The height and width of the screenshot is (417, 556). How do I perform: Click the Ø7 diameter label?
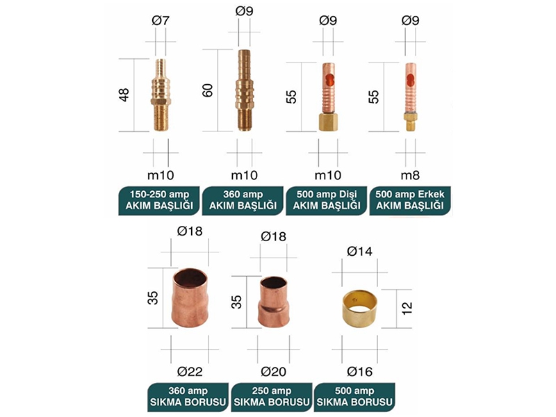161,20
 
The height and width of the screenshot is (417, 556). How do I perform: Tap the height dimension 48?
124,95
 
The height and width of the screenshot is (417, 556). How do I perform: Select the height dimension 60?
207,90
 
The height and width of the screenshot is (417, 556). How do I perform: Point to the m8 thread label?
410,175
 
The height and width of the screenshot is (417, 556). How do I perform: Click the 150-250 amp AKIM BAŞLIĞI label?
159,200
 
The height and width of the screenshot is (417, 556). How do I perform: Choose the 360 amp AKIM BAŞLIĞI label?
243,200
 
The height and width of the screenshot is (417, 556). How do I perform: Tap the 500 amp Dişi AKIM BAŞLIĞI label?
327,200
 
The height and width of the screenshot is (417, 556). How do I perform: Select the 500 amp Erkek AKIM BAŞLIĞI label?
410,200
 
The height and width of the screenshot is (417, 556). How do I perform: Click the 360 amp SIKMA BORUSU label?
188,397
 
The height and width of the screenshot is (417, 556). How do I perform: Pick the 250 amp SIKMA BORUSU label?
272,397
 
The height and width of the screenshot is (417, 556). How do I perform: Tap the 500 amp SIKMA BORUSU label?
354,397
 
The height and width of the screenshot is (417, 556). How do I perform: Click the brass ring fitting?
360,309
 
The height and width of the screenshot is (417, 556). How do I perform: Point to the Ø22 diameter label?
190,372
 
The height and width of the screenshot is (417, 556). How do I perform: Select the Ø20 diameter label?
273,372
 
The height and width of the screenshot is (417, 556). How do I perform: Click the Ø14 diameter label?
359,252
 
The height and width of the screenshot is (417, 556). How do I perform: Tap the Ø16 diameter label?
359,372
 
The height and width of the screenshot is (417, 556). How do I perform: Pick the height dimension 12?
407,308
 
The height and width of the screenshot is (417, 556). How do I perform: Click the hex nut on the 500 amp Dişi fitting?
328,122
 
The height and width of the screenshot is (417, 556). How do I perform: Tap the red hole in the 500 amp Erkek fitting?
411,80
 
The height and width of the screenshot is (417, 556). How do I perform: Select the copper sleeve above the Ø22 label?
190,298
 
